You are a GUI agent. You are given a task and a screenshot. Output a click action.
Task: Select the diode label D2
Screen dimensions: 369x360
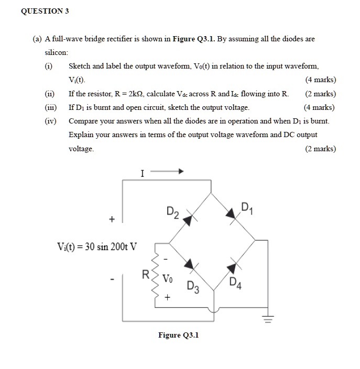(172, 212)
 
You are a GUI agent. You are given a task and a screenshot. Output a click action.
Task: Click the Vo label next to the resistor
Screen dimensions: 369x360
(167, 279)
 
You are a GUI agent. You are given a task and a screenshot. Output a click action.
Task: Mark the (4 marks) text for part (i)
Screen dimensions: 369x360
(320, 80)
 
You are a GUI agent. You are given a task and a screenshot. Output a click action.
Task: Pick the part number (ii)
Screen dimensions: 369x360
(50, 94)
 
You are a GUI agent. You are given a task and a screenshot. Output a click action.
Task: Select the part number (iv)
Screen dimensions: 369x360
(50, 121)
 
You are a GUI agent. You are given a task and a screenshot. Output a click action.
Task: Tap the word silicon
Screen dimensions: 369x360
(56, 53)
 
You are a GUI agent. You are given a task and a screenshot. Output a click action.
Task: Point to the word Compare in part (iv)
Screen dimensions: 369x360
(83, 121)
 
